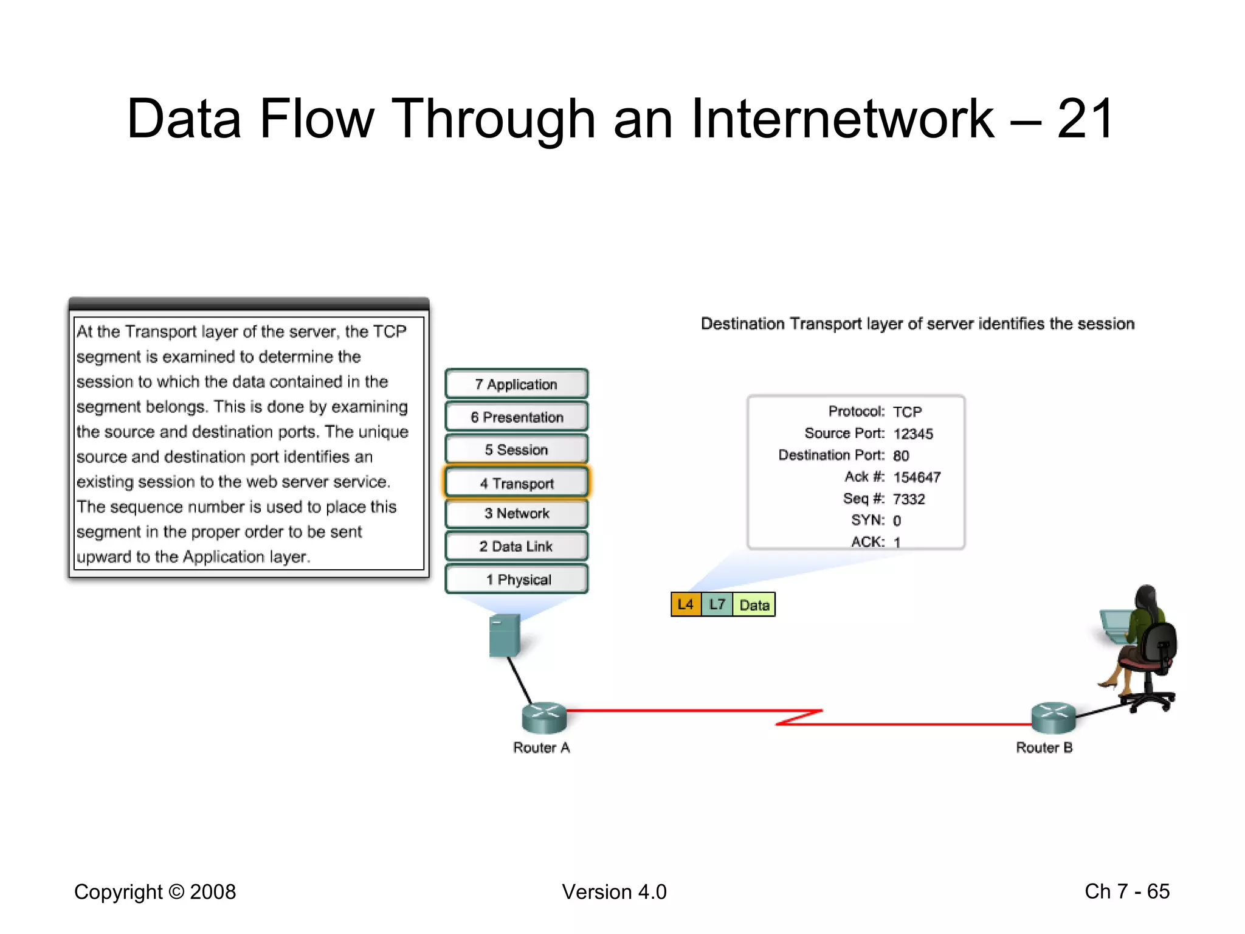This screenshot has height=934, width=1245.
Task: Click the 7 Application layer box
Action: pos(516,384)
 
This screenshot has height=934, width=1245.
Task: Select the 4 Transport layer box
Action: pos(516,483)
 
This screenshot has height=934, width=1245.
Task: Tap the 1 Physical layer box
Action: pos(516,579)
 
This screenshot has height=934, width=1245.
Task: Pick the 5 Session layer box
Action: pos(516,450)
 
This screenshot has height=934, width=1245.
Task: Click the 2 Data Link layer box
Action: pos(516,547)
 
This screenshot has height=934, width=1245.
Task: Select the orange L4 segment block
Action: pos(686,604)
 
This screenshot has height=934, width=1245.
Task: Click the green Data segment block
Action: pos(754,605)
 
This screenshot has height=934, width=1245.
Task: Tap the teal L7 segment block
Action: pos(717,604)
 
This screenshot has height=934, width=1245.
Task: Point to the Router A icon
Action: pos(544,718)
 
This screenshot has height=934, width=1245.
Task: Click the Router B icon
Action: pos(1053,718)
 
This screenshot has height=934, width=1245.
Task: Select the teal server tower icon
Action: pos(504,635)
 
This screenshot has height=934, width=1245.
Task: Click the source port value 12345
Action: pos(912,434)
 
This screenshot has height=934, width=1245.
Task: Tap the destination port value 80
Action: pos(900,456)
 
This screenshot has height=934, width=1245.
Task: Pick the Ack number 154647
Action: pos(916,477)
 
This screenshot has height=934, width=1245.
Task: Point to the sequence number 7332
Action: pos(908,499)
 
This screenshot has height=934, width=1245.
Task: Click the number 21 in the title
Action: pos(1085,119)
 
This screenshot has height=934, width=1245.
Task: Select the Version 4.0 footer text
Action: pos(614,892)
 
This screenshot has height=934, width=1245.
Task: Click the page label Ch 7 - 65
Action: pos(1126,891)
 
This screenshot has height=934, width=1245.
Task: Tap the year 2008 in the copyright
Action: pos(213,892)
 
